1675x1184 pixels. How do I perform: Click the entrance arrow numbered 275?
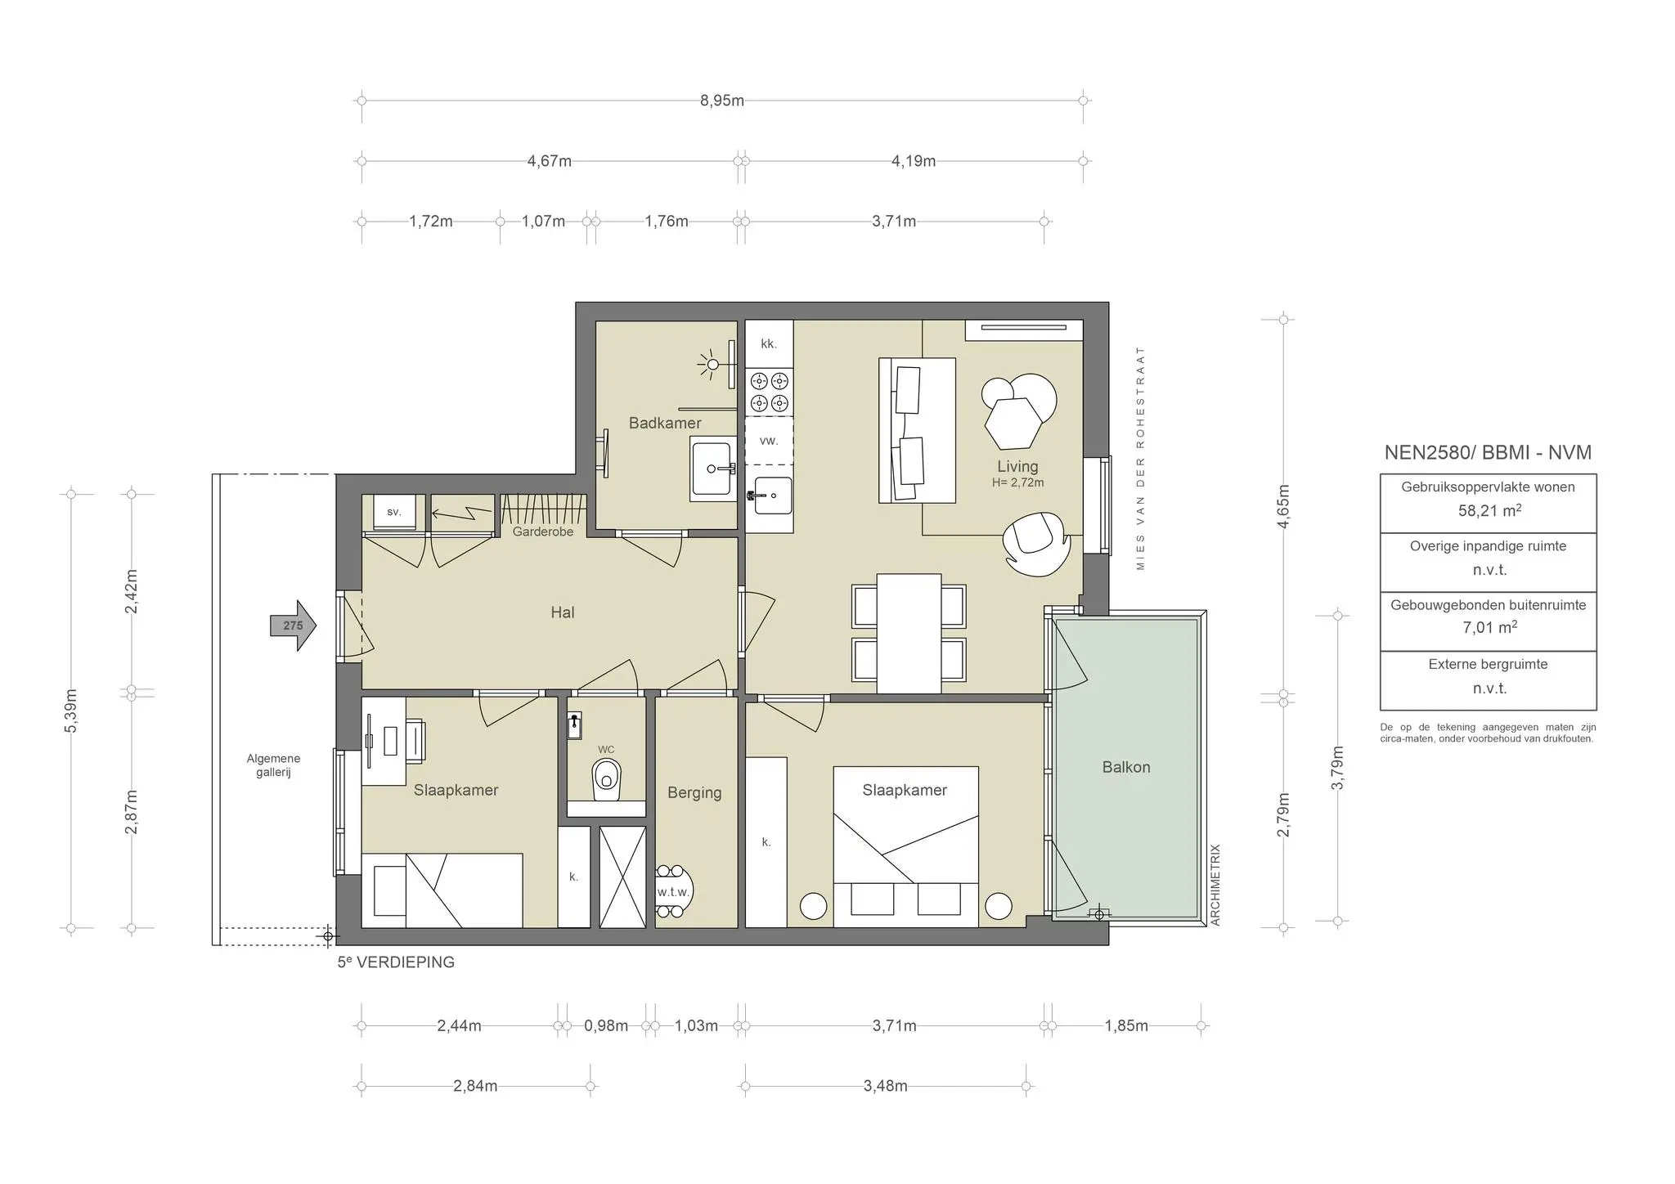pos(293,626)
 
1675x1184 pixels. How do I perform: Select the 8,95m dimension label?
pos(721,101)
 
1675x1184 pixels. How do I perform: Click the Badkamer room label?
pos(664,423)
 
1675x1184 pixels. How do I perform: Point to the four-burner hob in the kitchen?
pos(769,392)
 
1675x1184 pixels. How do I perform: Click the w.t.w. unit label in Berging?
pos(673,891)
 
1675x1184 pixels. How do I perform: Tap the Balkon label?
pos(1125,767)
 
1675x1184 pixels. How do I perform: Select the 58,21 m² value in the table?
pos(1489,511)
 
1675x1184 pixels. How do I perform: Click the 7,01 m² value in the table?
pos(1489,628)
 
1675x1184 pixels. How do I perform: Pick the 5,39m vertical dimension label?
pos(70,711)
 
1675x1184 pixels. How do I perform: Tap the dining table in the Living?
pos(909,633)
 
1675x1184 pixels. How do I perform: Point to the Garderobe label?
pos(542,531)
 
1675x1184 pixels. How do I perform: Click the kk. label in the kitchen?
pos(768,343)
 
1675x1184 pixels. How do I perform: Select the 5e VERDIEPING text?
pos(396,962)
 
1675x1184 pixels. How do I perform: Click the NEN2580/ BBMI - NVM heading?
pos(1487,452)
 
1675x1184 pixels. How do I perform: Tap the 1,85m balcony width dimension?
pos(1125,1025)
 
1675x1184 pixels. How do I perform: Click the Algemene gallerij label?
pos(273,765)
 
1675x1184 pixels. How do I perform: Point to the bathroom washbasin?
pos(711,469)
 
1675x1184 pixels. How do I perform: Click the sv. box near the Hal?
pos(393,512)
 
